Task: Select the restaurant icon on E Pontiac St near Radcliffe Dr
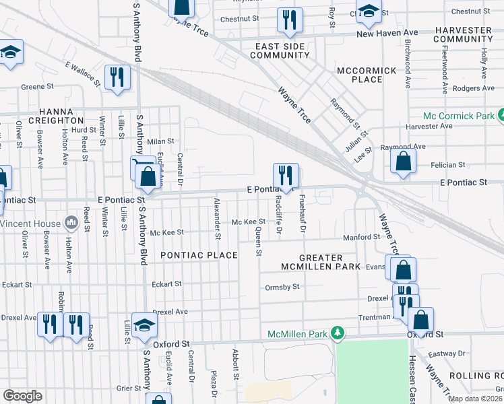tap(286, 176)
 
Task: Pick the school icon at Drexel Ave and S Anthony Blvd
tap(144, 325)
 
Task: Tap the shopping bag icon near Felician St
tap(402, 162)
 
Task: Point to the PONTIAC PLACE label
tap(199, 255)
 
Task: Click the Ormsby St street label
tap(282, 287)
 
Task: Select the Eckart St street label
tap(167, 284)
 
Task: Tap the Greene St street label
tap(37, 87)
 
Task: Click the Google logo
tap(22, 395)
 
